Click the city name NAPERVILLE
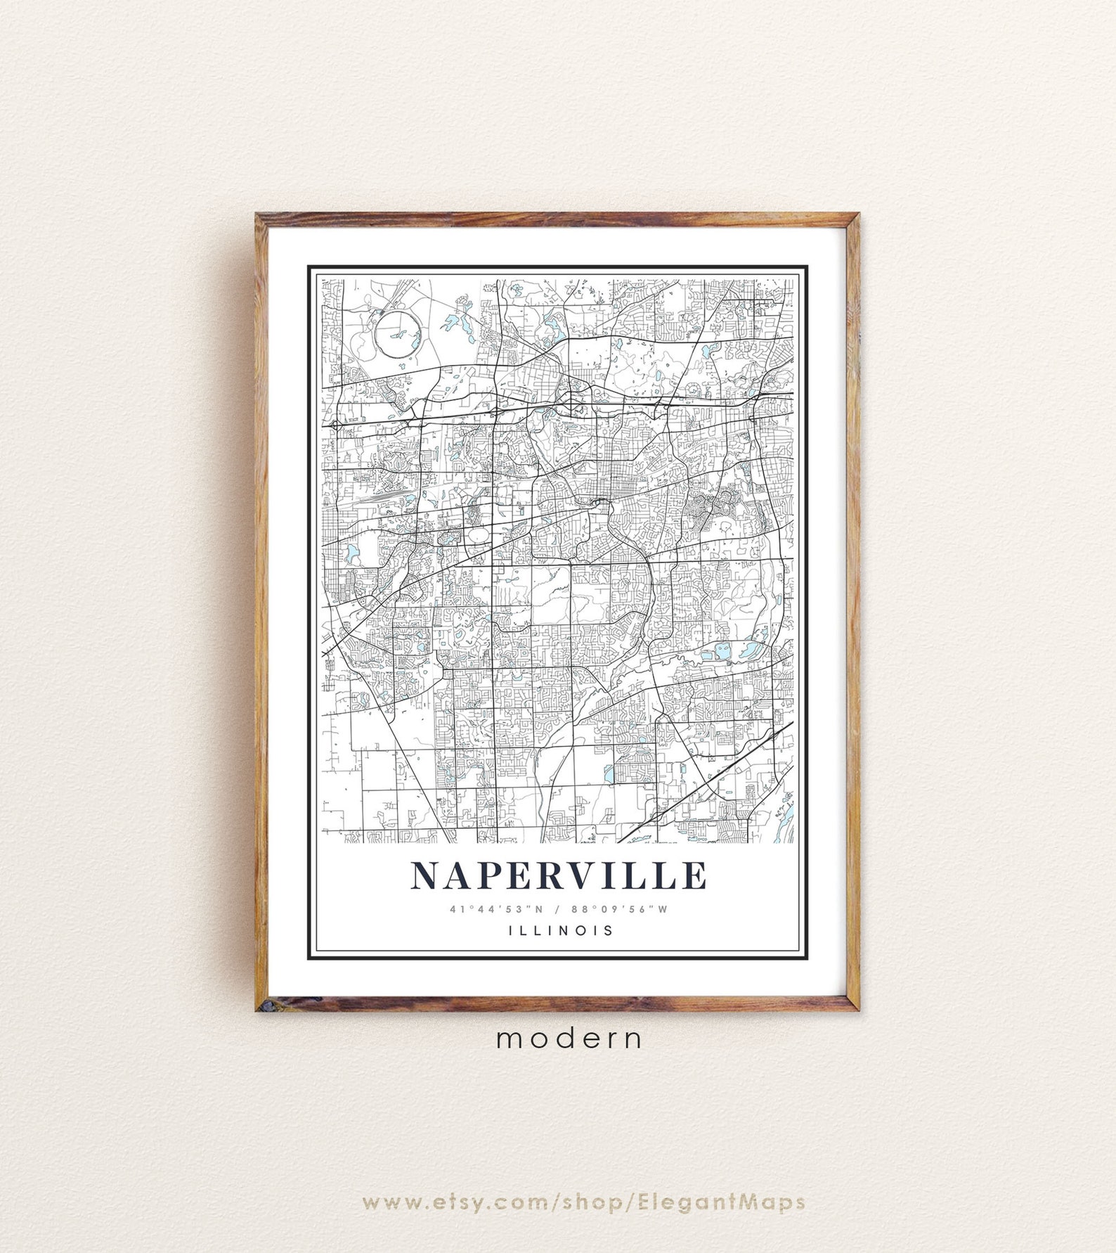[x=559, y=875]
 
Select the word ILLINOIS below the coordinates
[x=561, y=930]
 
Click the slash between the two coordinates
[x=559, y=909]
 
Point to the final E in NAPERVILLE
[x=694, y=875]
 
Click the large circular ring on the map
[x=398, y=335]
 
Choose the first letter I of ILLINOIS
[x=510, y=930]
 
